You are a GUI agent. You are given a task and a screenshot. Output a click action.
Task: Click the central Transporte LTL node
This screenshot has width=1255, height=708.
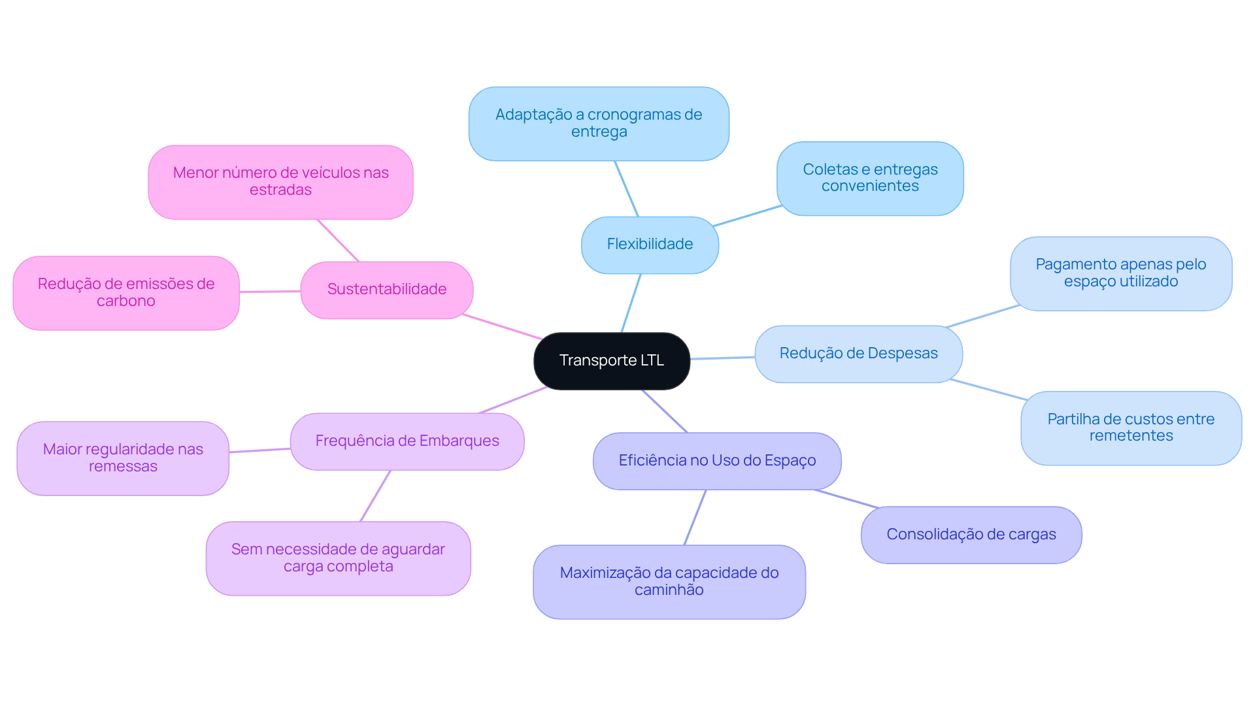coord(611,361)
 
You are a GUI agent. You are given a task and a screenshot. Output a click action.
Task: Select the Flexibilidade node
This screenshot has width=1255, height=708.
coord(650,244)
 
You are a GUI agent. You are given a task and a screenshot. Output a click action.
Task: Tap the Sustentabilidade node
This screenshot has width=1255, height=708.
coord(386,290)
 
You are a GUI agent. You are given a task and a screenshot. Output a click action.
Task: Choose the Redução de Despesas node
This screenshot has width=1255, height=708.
coord(858,354)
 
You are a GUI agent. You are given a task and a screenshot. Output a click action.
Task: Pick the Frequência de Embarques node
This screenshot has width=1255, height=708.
coord(407,441)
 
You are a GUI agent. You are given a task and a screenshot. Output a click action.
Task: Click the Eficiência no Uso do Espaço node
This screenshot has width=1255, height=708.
coord(716,461)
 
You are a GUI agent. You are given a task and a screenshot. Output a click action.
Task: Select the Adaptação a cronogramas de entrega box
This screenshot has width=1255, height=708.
coord(598,124)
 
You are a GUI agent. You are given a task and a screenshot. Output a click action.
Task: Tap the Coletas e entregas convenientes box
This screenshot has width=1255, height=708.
coord(869,178)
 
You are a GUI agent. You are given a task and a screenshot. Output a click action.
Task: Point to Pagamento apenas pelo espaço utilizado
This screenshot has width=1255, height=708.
coord(1120,273)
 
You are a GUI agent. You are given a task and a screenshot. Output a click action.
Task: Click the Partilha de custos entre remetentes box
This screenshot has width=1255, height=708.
coord(1130,428)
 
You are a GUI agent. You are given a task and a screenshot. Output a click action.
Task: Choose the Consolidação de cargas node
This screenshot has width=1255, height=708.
coord(971,535)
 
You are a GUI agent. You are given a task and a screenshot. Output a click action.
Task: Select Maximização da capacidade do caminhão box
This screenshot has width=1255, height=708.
coord(669,581)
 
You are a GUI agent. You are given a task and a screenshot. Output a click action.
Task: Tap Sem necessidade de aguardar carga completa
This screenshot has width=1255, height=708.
coord(338,558)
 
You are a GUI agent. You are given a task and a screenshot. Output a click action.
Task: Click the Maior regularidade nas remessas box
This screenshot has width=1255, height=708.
coord(123,458)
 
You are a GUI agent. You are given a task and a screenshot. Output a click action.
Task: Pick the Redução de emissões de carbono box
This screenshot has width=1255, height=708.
coord(125,292)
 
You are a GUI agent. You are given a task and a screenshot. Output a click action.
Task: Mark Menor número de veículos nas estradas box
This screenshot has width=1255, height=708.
coord(280,182)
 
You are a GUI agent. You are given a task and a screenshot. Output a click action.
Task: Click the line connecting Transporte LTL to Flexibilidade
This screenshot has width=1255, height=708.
coord(631,303)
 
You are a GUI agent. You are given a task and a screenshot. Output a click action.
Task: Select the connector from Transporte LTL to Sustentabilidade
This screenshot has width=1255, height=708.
coord(502,327)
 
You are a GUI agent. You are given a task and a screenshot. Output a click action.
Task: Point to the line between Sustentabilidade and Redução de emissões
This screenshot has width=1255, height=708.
coord(270,292)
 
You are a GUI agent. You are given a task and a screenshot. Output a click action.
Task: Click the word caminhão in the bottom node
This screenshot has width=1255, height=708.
coord(669,590)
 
